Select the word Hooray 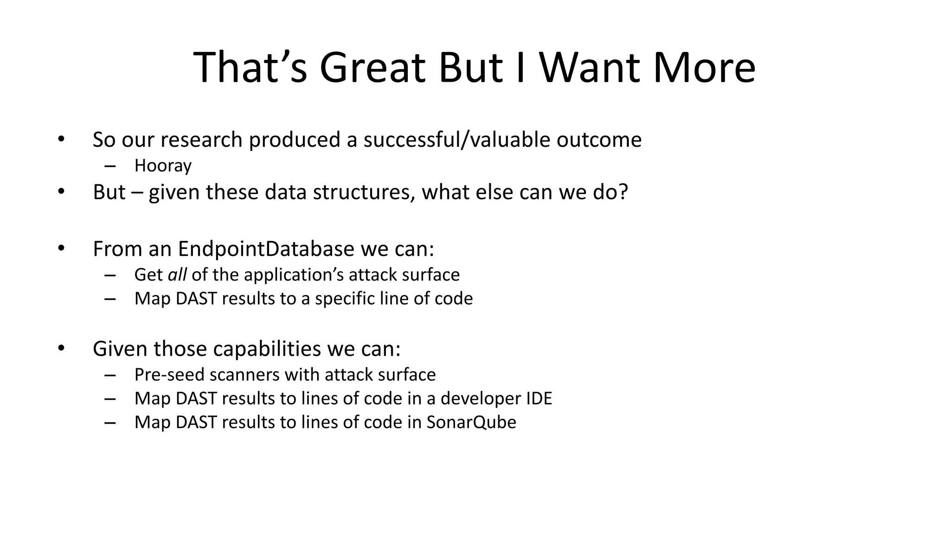[163, 166]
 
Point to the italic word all [177, 275]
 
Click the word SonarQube [471, 422]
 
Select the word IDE [539, 398]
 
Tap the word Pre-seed [160, 375]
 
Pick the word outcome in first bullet [599, 140]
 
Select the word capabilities [267, 349]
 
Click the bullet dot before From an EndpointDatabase [61, 248]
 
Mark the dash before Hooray [110, 166]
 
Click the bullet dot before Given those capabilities [61, 348]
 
